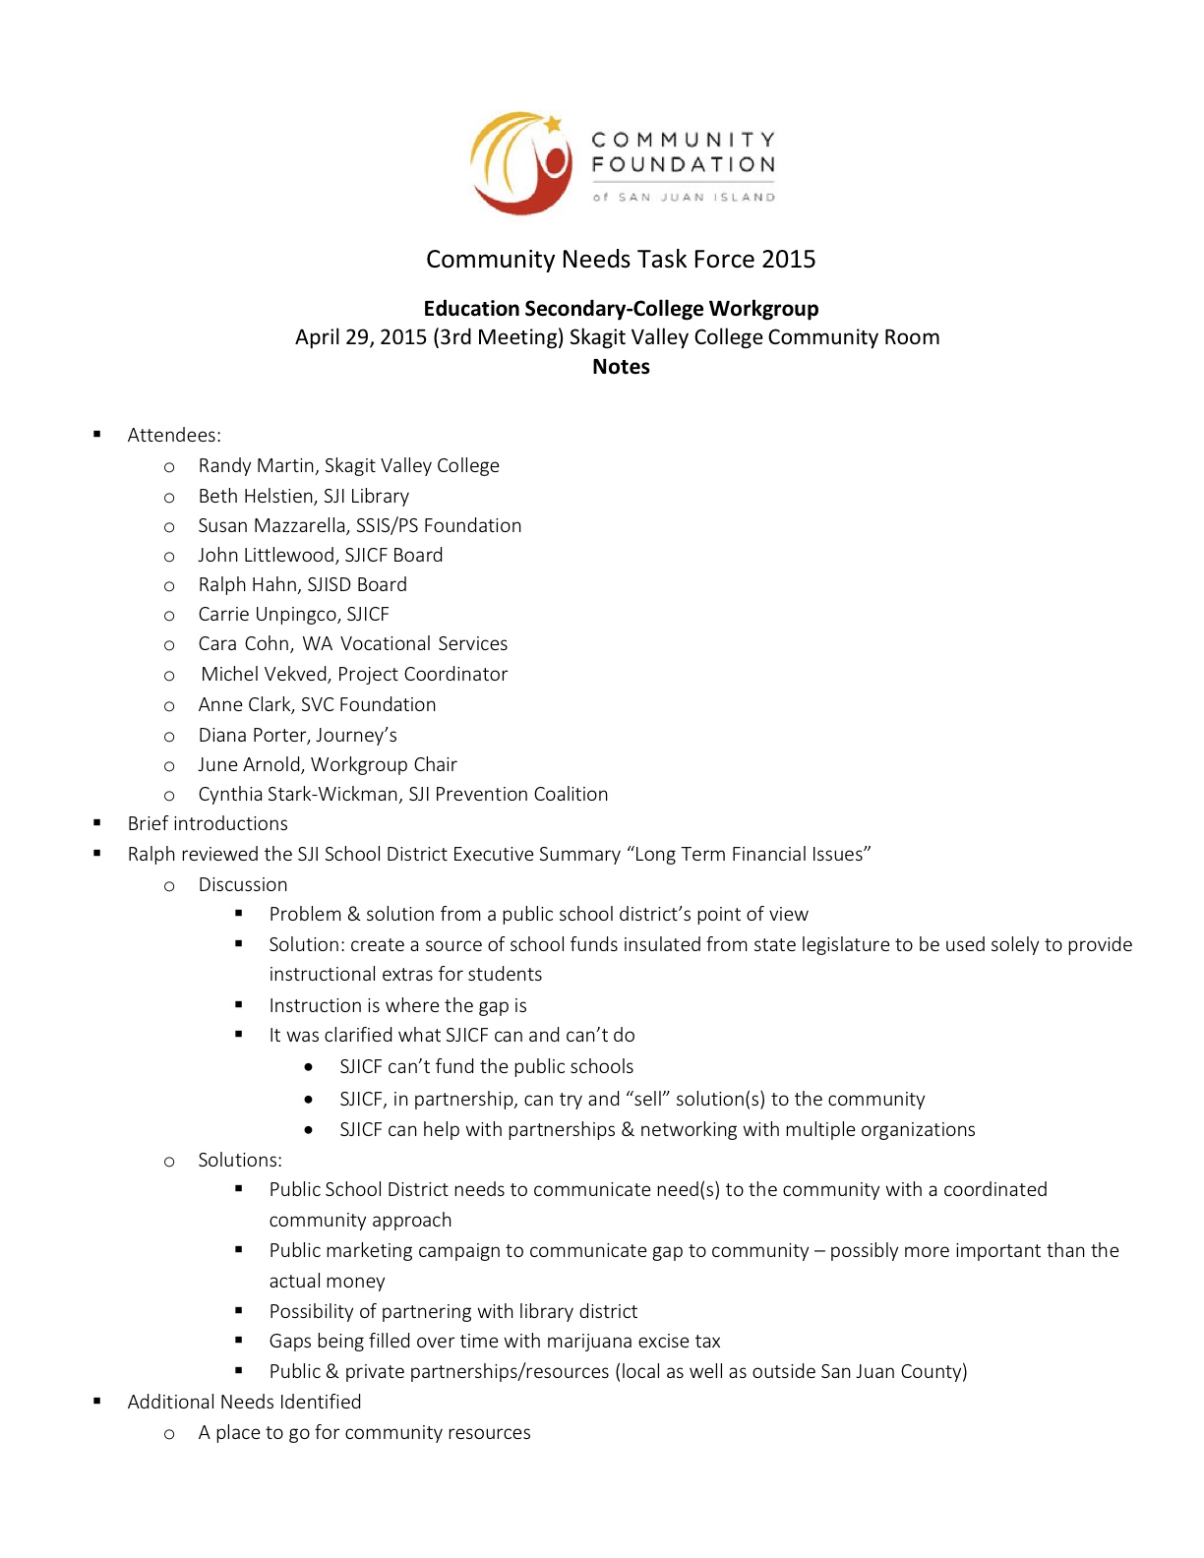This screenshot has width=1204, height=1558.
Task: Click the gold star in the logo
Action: (553, 123)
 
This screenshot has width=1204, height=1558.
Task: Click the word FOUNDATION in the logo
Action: (683, 165)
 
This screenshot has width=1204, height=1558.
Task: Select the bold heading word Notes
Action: (621, 367)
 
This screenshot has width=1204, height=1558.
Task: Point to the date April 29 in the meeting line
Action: (333, 337)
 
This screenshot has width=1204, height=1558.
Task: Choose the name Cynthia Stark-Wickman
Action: (298, 795)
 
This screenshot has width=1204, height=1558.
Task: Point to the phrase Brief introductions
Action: (208, 824)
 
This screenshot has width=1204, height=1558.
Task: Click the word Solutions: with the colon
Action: (240, 1161)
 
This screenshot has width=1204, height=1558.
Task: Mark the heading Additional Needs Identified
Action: (244, 1403)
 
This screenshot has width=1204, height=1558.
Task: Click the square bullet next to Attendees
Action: (97, 434)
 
